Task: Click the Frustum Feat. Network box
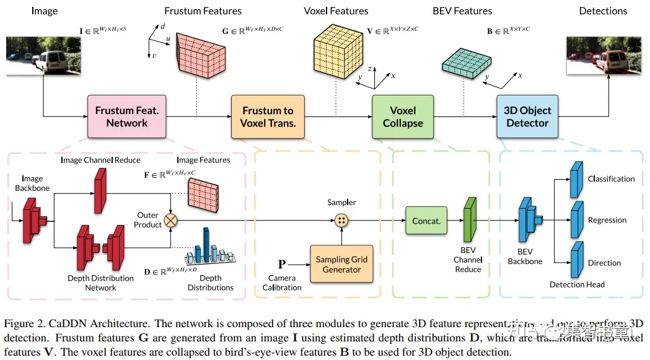pyautogui.click(x=126, y=116)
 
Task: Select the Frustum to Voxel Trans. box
pyautogui.click(x=268, y=116)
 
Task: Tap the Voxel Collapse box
pyautogui.click(x=402, y=116)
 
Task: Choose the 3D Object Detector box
pyautogui.click(x=527, y=116)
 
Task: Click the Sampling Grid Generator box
pyautogui.click(x=341, y=264)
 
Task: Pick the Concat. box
pyautogui.click(x=426, y=221)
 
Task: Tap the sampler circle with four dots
pyautogui.click(x=341, y=220)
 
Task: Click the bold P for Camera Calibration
pyautogui.click(x=282, y=264)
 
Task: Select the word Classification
pyautogui.click(x=611, y=179)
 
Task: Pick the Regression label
pyautogui.click(x=607, y=220)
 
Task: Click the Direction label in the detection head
pyautogui.click(x=604, y=263)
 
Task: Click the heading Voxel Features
pyautogui.click(x=336, y=11)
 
